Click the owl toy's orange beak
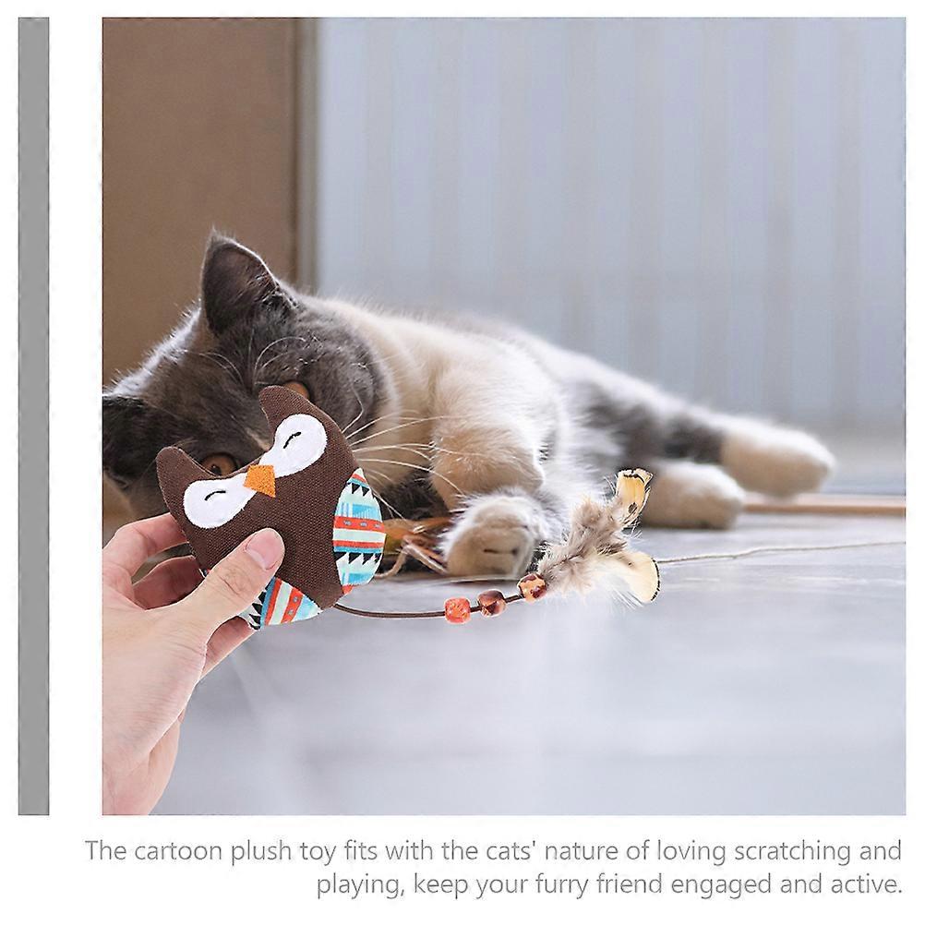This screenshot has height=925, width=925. [260, 480]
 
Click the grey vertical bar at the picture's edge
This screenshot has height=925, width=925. [33, 416]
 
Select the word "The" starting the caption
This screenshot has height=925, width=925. [106, 850]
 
